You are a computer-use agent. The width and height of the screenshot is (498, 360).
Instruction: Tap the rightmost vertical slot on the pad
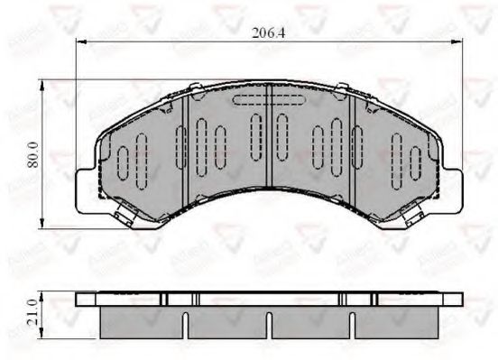click(416, 162)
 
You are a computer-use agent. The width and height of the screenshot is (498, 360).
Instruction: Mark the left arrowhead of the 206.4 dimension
click(78, 42)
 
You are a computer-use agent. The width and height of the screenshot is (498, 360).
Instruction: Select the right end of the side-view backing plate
click(460, 298)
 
